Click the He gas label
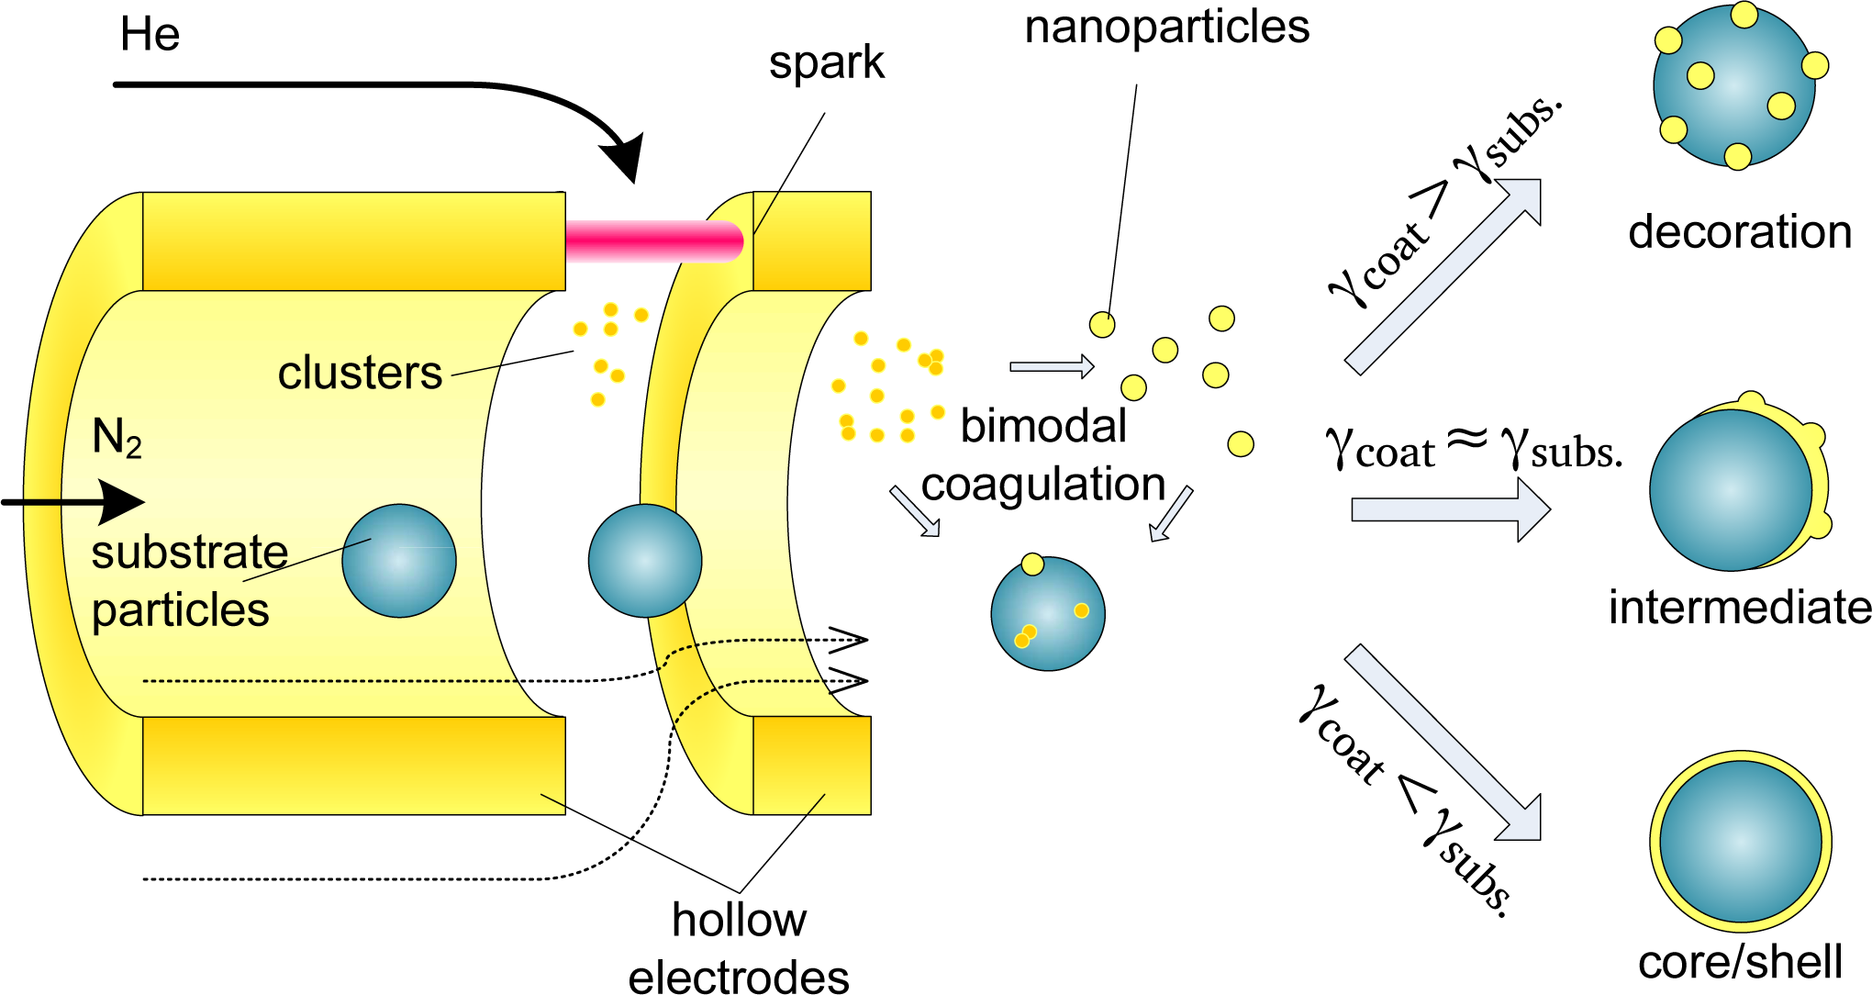150,35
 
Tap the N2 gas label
117,438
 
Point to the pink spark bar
653,241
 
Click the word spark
826,63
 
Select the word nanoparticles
1166,28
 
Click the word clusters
360,374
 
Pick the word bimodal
1043,427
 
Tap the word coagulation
1043,485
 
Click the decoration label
1739,232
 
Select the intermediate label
1739,608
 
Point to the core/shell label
1740,962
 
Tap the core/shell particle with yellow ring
1740,842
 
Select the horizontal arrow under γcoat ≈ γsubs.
1450,509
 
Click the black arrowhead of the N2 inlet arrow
122,502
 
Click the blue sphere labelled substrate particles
399,561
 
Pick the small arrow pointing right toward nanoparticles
1052,366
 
